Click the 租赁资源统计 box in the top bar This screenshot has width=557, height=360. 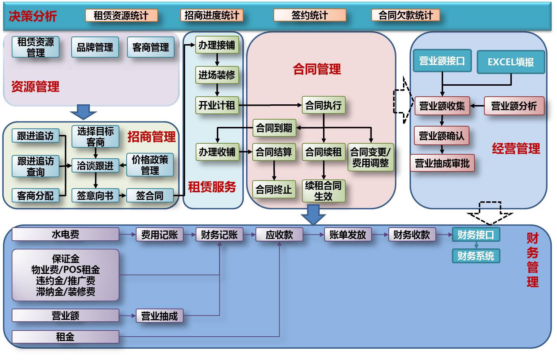pos(121,16)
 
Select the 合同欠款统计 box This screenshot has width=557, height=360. pos(405,15)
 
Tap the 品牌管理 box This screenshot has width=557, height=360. pos(95,47)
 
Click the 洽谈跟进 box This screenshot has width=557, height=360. pos(95,166)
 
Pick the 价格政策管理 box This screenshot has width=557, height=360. pos(150,165)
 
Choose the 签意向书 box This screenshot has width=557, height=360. pos(95,196)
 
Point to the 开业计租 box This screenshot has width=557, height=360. pos(217,105)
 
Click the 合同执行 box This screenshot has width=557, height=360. pos(323,105)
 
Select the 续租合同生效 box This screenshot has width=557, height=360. pos(323,191)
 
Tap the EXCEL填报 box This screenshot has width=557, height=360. pos(511,62)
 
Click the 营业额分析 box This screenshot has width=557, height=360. pos(514,106)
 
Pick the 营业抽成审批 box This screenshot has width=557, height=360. pos(442,163)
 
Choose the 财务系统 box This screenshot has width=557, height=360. pos(476,256)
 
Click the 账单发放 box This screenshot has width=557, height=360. pos(347,235)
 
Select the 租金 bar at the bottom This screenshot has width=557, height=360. pos(65,337)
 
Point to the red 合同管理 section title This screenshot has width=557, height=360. pos(317,69)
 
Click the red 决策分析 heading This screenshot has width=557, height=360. pos(33,16)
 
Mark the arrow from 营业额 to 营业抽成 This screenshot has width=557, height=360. pos(127,316)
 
